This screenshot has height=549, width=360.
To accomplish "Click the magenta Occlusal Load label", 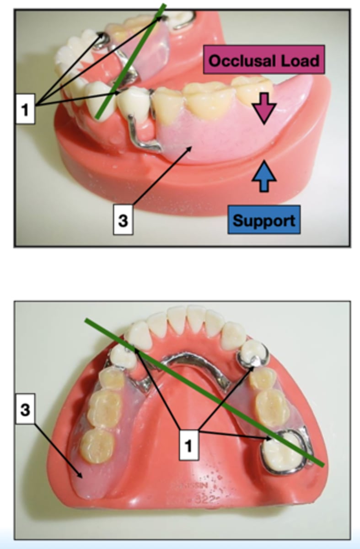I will (x=264, y=59).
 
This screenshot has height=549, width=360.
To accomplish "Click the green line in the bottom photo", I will (x=206, y=393).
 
